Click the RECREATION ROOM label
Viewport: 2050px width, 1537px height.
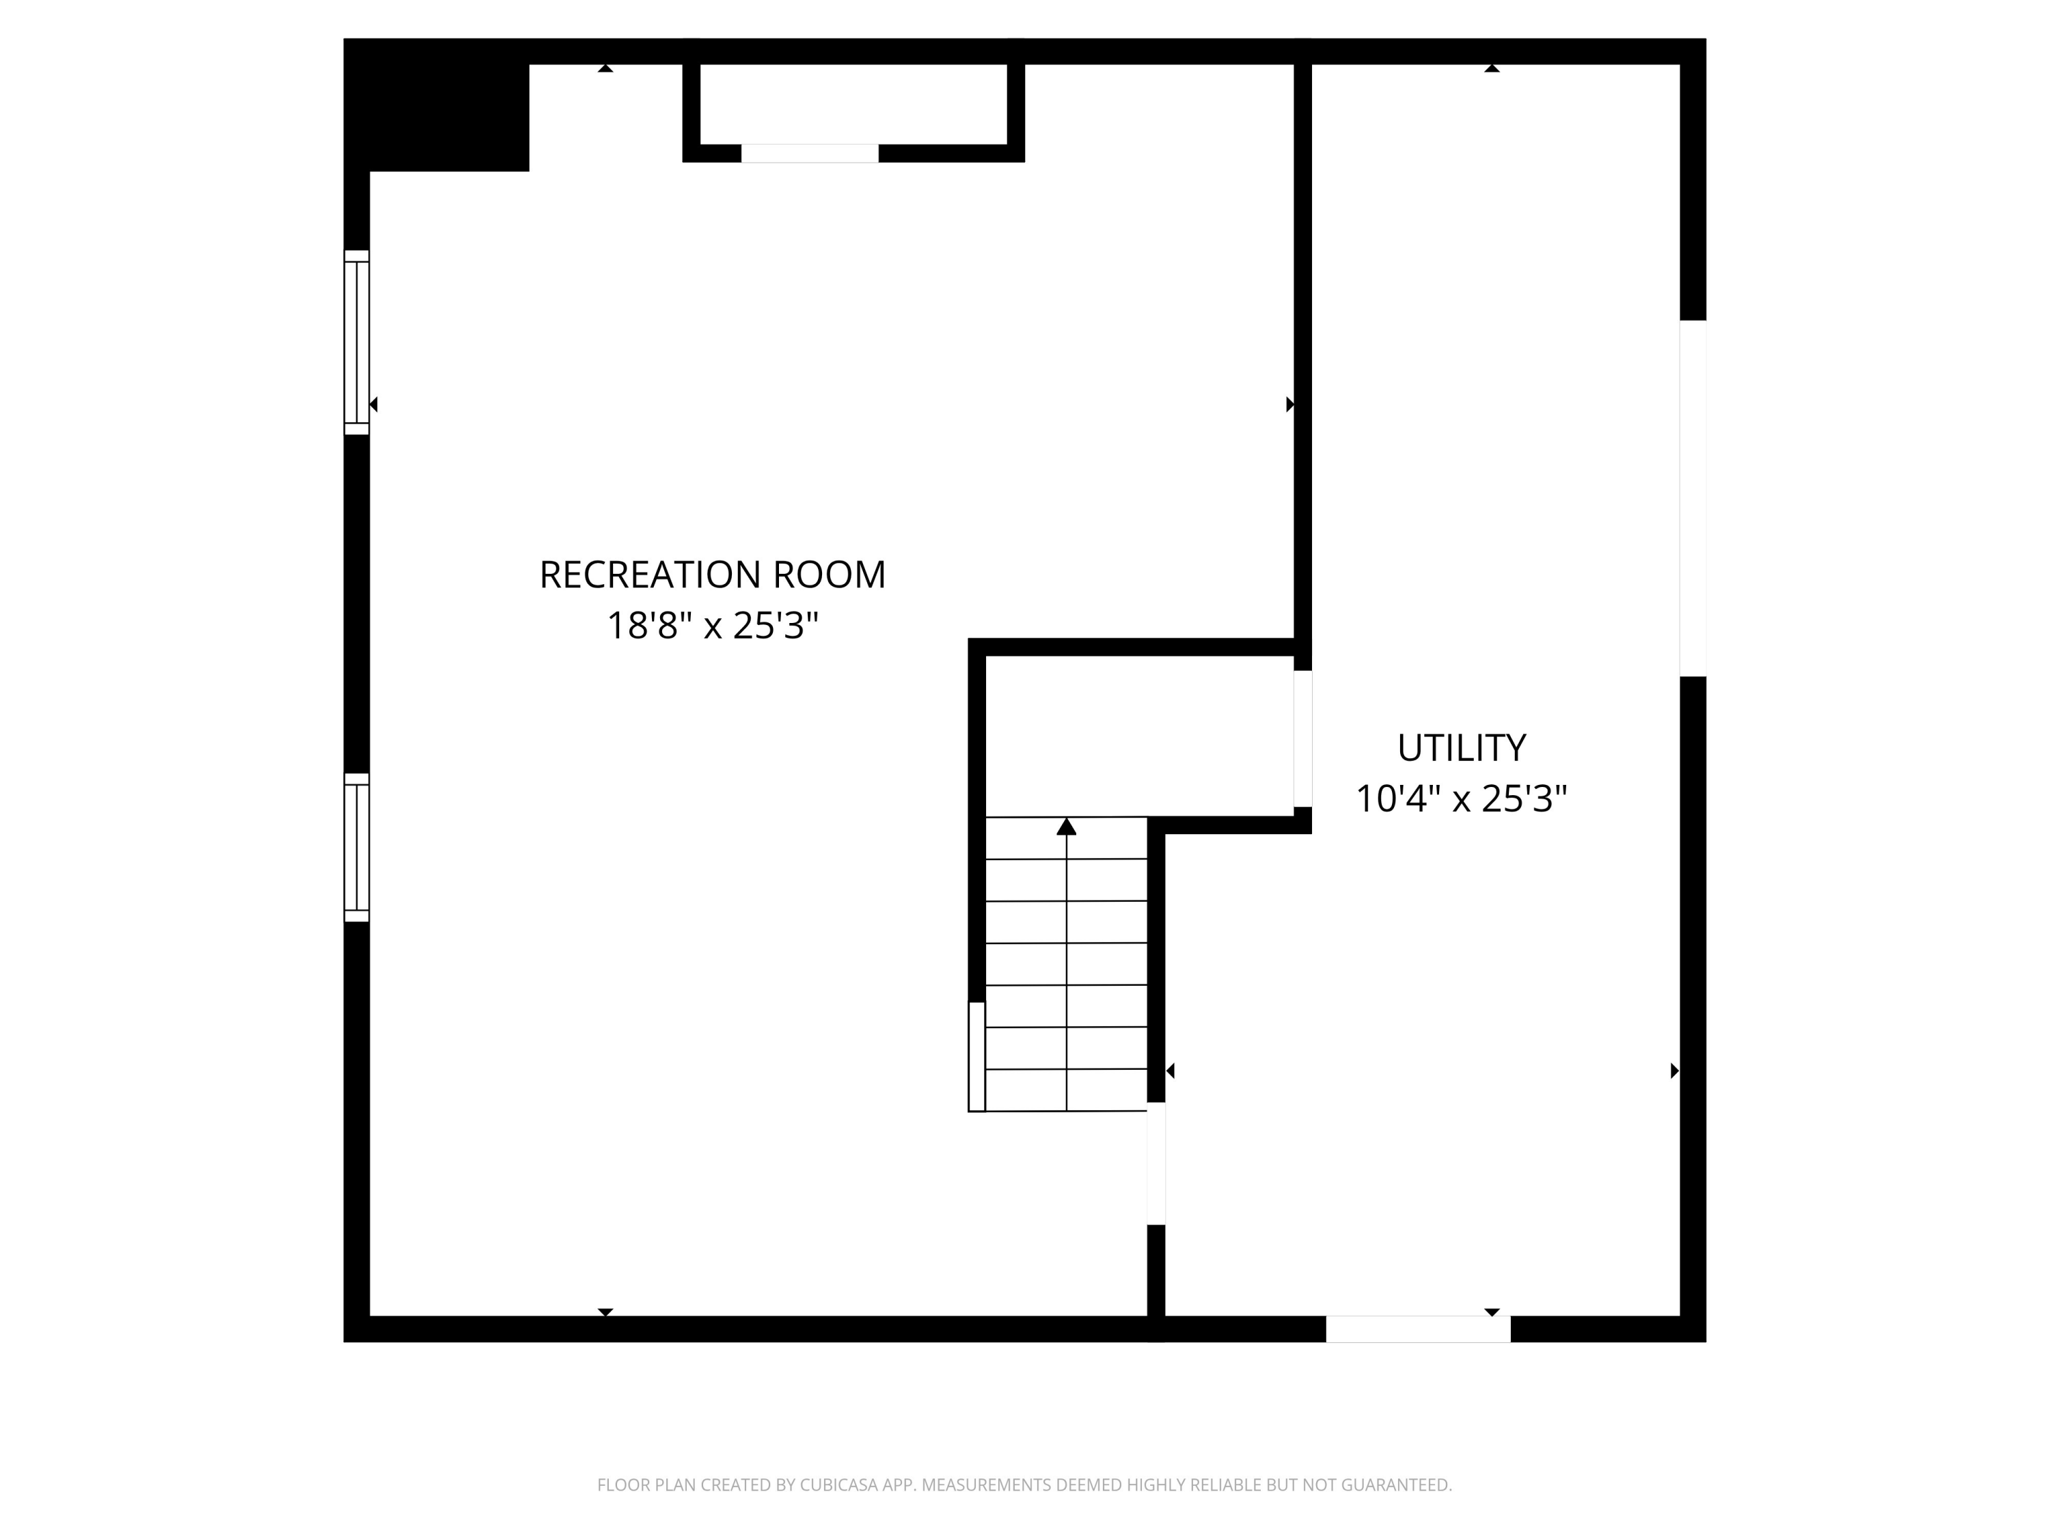pyautogui.click(x=712, y=574)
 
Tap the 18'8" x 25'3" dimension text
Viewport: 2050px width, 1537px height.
pyautogui.click(x=712, y=626)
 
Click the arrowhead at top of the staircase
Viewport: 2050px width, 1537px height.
pyautogui.click(x=1066, y=827)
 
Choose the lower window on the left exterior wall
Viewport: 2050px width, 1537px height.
pyautogui.click(x=357, y=847)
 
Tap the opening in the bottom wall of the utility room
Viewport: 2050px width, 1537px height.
pyautogui.click(x=1417, y=1329)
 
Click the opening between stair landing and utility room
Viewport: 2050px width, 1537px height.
pyautogui.click(x=1302, y=738)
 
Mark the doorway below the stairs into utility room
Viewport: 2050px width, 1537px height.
pyautogui.click(x=1156, y=1163)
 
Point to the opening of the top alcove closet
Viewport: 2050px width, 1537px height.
pyautogui.click(x=809, y=154)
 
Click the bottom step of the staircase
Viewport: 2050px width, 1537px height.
pyautogui.click(x=1066, y=1090)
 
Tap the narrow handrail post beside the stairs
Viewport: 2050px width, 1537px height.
pyautogui.click(x=976, y=1056)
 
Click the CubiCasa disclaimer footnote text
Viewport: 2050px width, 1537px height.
pyautogui.click(x=1024, y=1485)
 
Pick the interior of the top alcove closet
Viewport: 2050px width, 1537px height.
pyautogui.click(x=853, y=104)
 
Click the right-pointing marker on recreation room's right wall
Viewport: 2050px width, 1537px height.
pyautogui.click(x=1289, y=405)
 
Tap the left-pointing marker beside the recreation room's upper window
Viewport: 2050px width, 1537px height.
pyautogui.click(x=374, y=405)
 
